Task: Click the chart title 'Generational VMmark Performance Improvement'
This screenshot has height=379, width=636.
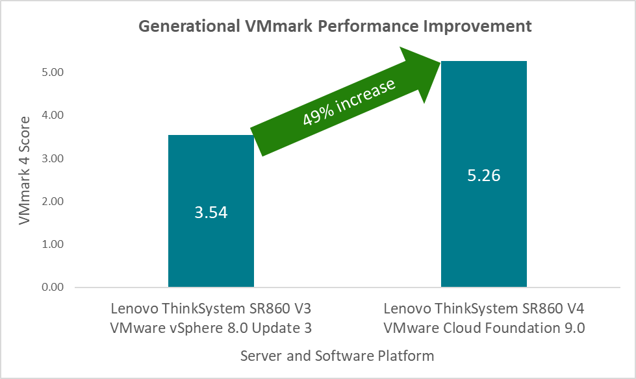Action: [x=335, y=27]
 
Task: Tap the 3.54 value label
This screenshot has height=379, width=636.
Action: [x=211, y=212]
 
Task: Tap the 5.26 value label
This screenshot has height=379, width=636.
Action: [x=484, y=175]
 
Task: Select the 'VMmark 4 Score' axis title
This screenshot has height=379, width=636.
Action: [x=24, y=171]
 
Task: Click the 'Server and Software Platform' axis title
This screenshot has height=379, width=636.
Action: [x=337, y=356]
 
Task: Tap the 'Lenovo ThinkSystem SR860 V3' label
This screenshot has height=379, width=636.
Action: [x=211, y=308]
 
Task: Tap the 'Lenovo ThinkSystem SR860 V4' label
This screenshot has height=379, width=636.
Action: [x=484, y=308]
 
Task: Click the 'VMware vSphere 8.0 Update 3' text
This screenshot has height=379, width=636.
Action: [x=211, y=328]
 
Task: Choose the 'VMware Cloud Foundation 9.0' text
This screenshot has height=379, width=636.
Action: [x=484, y=328]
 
